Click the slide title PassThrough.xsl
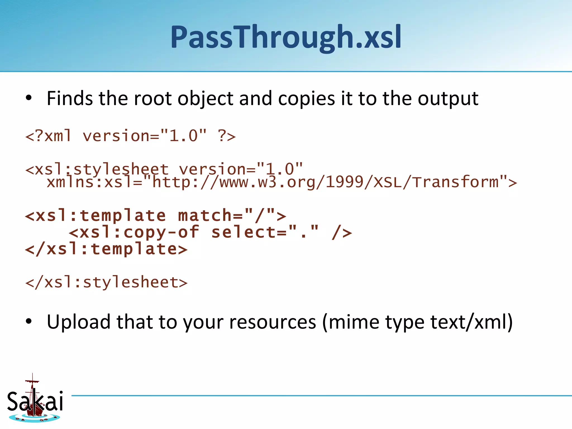click(x=286, y=37)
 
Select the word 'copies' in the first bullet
click(x=306, y=99)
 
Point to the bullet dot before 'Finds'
click(x=28, y=98)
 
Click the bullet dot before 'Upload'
click(x=28, y=321)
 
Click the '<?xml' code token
click(x=48, y=136)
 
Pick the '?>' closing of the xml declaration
click(x=227, y=136)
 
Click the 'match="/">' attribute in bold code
click(x=232, y=216)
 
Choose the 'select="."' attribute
click(x=265, y=232)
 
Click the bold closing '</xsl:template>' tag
click(x=106, y=249)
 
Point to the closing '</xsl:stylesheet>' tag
click(x=106, y=282)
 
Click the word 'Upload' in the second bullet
click(x=78, y=322)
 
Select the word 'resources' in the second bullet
click(x=273, y=322)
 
